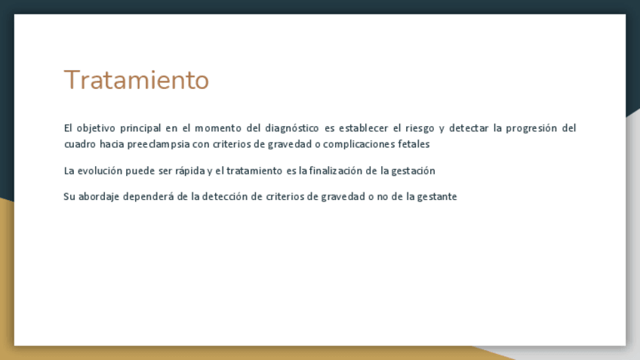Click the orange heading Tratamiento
point(137,79)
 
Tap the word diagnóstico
point(292,128)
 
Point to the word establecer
point(363,128)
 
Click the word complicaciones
point(358,144)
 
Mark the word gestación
point(413,171)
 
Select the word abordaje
point(99,197)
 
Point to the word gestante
point(437,197)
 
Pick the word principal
point(140,128)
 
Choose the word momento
point(218,128)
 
